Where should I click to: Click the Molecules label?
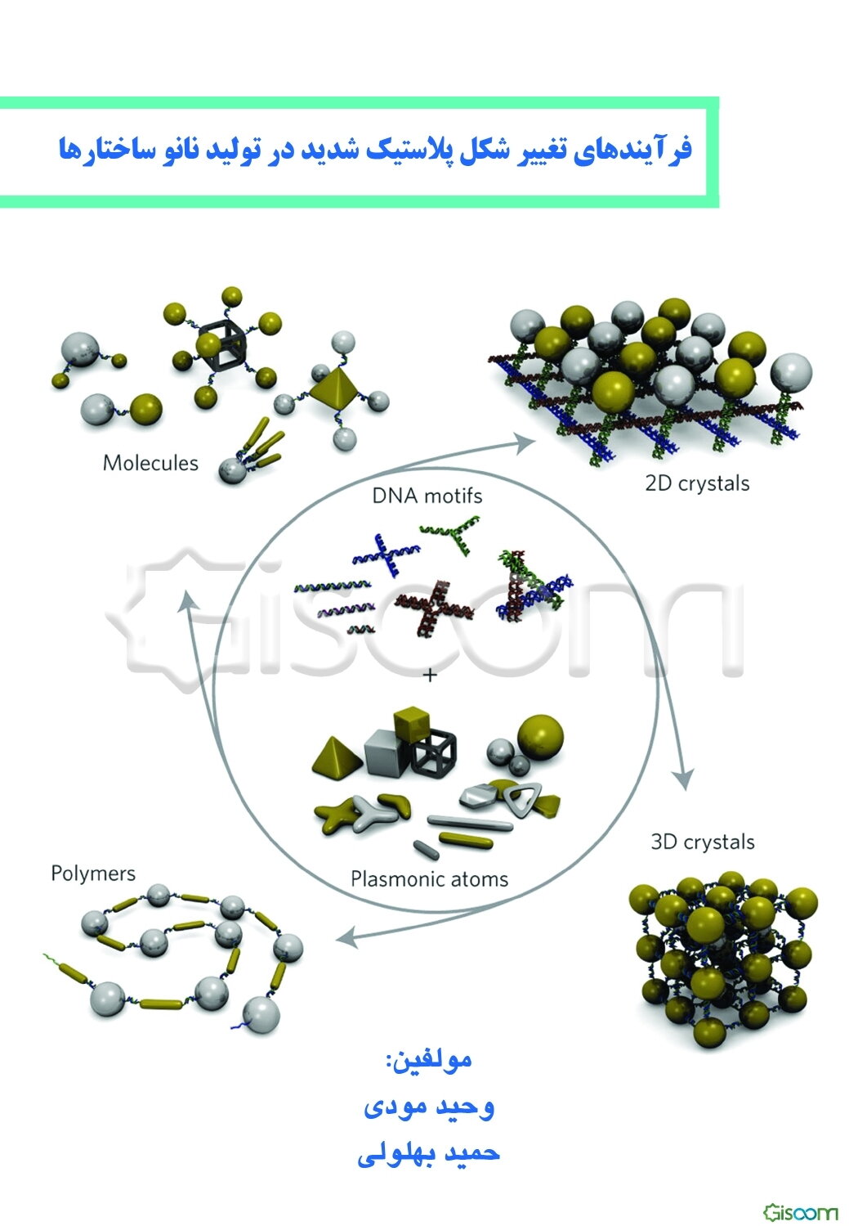(150, 463)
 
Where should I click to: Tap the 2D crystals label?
(697, 484)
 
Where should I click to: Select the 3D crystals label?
(703, 842)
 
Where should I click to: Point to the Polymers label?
(93, 873)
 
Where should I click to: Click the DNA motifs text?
(427, 496)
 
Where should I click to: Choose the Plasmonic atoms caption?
(429, 879)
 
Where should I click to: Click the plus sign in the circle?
(431, 676)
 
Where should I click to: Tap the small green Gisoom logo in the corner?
(801, 1212)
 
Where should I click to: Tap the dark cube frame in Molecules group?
(221, 342)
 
